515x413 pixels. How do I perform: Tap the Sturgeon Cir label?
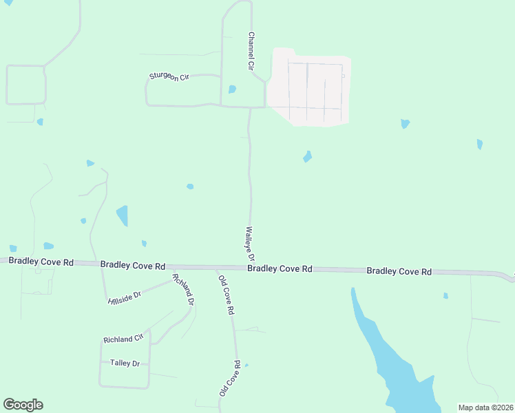(169, 77)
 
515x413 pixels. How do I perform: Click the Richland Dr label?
(184, 290)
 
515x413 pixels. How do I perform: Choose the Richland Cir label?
(123, 339)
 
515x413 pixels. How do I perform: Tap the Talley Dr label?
(125, 363)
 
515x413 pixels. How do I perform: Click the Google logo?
(23, 405)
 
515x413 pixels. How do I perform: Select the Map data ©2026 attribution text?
(486, 407)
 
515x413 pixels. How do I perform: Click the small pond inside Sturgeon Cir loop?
(232, 89)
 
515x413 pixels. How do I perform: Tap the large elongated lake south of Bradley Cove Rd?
(386, 351)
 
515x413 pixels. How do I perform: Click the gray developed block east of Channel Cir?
(310, 86)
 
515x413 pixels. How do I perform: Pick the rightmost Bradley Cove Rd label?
(399, 271)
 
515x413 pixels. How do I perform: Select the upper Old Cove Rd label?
(226, 294)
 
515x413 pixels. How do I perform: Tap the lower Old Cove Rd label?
(229, 378)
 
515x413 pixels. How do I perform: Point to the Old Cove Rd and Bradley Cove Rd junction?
(216, 267)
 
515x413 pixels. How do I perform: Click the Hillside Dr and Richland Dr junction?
(171, 279)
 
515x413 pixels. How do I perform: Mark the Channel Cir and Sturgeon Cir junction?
(221, 106)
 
